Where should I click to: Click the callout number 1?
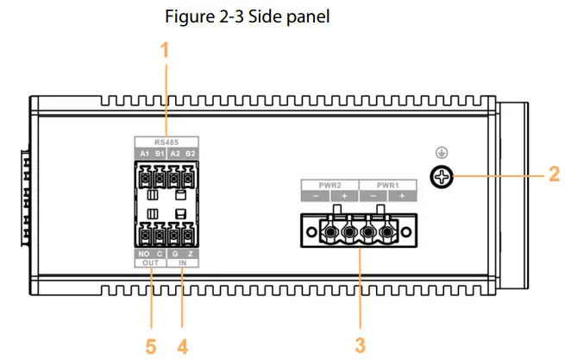tap(165, 51)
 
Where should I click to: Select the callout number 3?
tap(360, 344)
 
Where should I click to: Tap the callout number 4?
tap(182, 344)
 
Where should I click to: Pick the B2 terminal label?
tap(190, 153)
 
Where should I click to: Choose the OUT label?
tap(149, 263)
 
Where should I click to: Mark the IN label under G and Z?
tap(182, 263)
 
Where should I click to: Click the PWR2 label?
tap(328, 185)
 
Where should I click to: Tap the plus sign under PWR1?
tap(400, 197)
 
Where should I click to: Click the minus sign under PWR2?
tap(314, 197)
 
